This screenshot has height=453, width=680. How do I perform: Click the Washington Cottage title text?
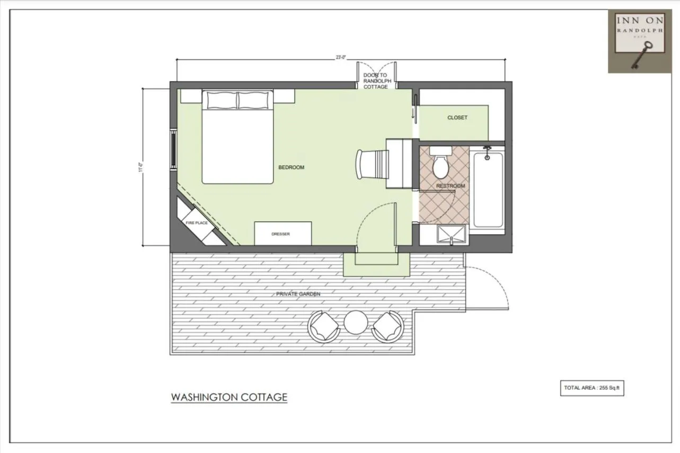229,397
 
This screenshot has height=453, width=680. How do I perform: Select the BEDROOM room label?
292,167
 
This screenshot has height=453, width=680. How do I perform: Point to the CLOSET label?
457,118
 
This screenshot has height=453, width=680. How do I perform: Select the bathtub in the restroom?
488,190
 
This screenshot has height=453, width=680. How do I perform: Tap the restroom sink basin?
451,234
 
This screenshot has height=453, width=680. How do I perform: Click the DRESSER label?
280,234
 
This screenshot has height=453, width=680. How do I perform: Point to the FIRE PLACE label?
197,224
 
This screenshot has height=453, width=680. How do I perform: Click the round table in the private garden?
356,323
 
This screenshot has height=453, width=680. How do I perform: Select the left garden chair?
324,326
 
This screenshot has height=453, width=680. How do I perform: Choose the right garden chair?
387,326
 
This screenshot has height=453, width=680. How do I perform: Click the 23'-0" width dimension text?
341,57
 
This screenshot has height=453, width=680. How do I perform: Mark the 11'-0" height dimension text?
140,167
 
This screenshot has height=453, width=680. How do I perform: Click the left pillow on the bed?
221,100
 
